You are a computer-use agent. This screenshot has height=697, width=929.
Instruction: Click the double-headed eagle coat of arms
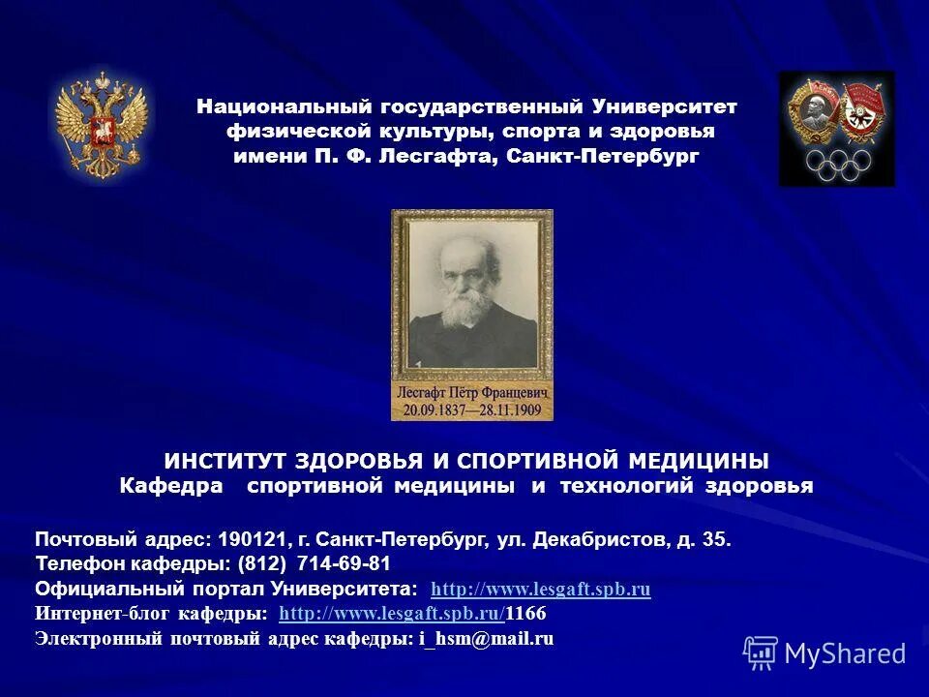101,126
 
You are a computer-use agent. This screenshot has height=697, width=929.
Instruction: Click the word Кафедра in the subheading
170,486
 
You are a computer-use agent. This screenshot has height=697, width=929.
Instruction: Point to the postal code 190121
250,539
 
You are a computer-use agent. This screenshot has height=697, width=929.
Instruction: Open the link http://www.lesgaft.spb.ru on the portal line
541,589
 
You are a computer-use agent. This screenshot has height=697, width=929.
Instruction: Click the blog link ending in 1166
411,614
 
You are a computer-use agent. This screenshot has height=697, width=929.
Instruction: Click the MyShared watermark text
845,653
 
